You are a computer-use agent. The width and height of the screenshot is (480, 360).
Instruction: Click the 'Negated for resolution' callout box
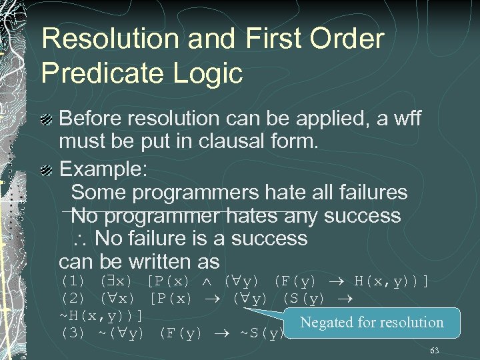click(x=371, y=323)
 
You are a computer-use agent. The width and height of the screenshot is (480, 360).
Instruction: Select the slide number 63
click(x=434, y=350)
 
